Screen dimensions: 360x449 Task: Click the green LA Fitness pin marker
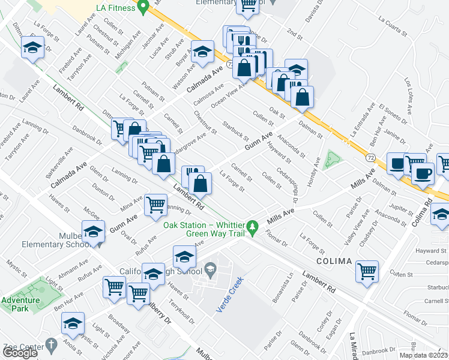[x=143, y=8]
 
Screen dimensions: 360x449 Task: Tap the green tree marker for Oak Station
[x=253, y=227]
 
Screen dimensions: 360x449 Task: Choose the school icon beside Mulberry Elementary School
[x=94, y=232]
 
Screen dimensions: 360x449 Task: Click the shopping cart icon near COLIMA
[x=367, y=271]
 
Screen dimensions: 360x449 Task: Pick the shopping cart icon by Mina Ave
[x=155, y=204]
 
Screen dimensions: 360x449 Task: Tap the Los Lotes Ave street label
[x=409, y=95]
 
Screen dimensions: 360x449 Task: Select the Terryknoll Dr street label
[x=182, y=310]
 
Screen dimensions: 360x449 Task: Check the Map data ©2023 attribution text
[x=423, y=355]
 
